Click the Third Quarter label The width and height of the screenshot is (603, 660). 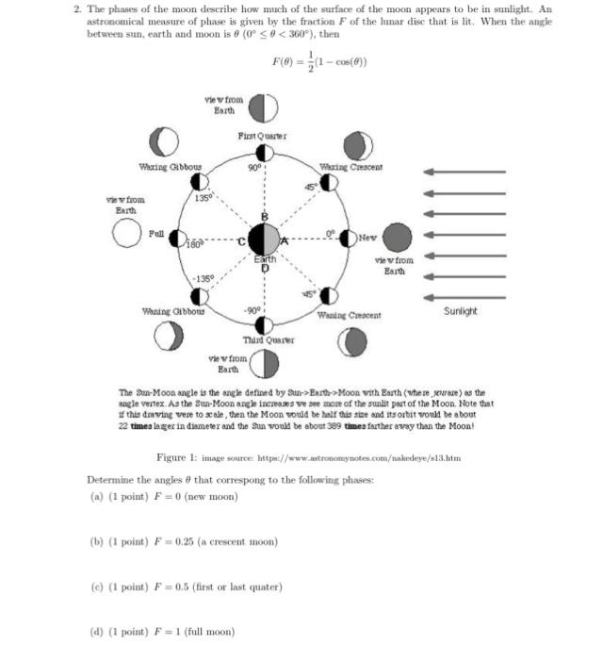(x=269, y=339)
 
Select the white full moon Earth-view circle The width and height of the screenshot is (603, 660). (x=127, y=235)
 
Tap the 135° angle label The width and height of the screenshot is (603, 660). (x=203, y=197)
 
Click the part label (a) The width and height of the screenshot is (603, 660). (x=95, y=496)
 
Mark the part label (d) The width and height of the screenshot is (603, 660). (x=95, y=631)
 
